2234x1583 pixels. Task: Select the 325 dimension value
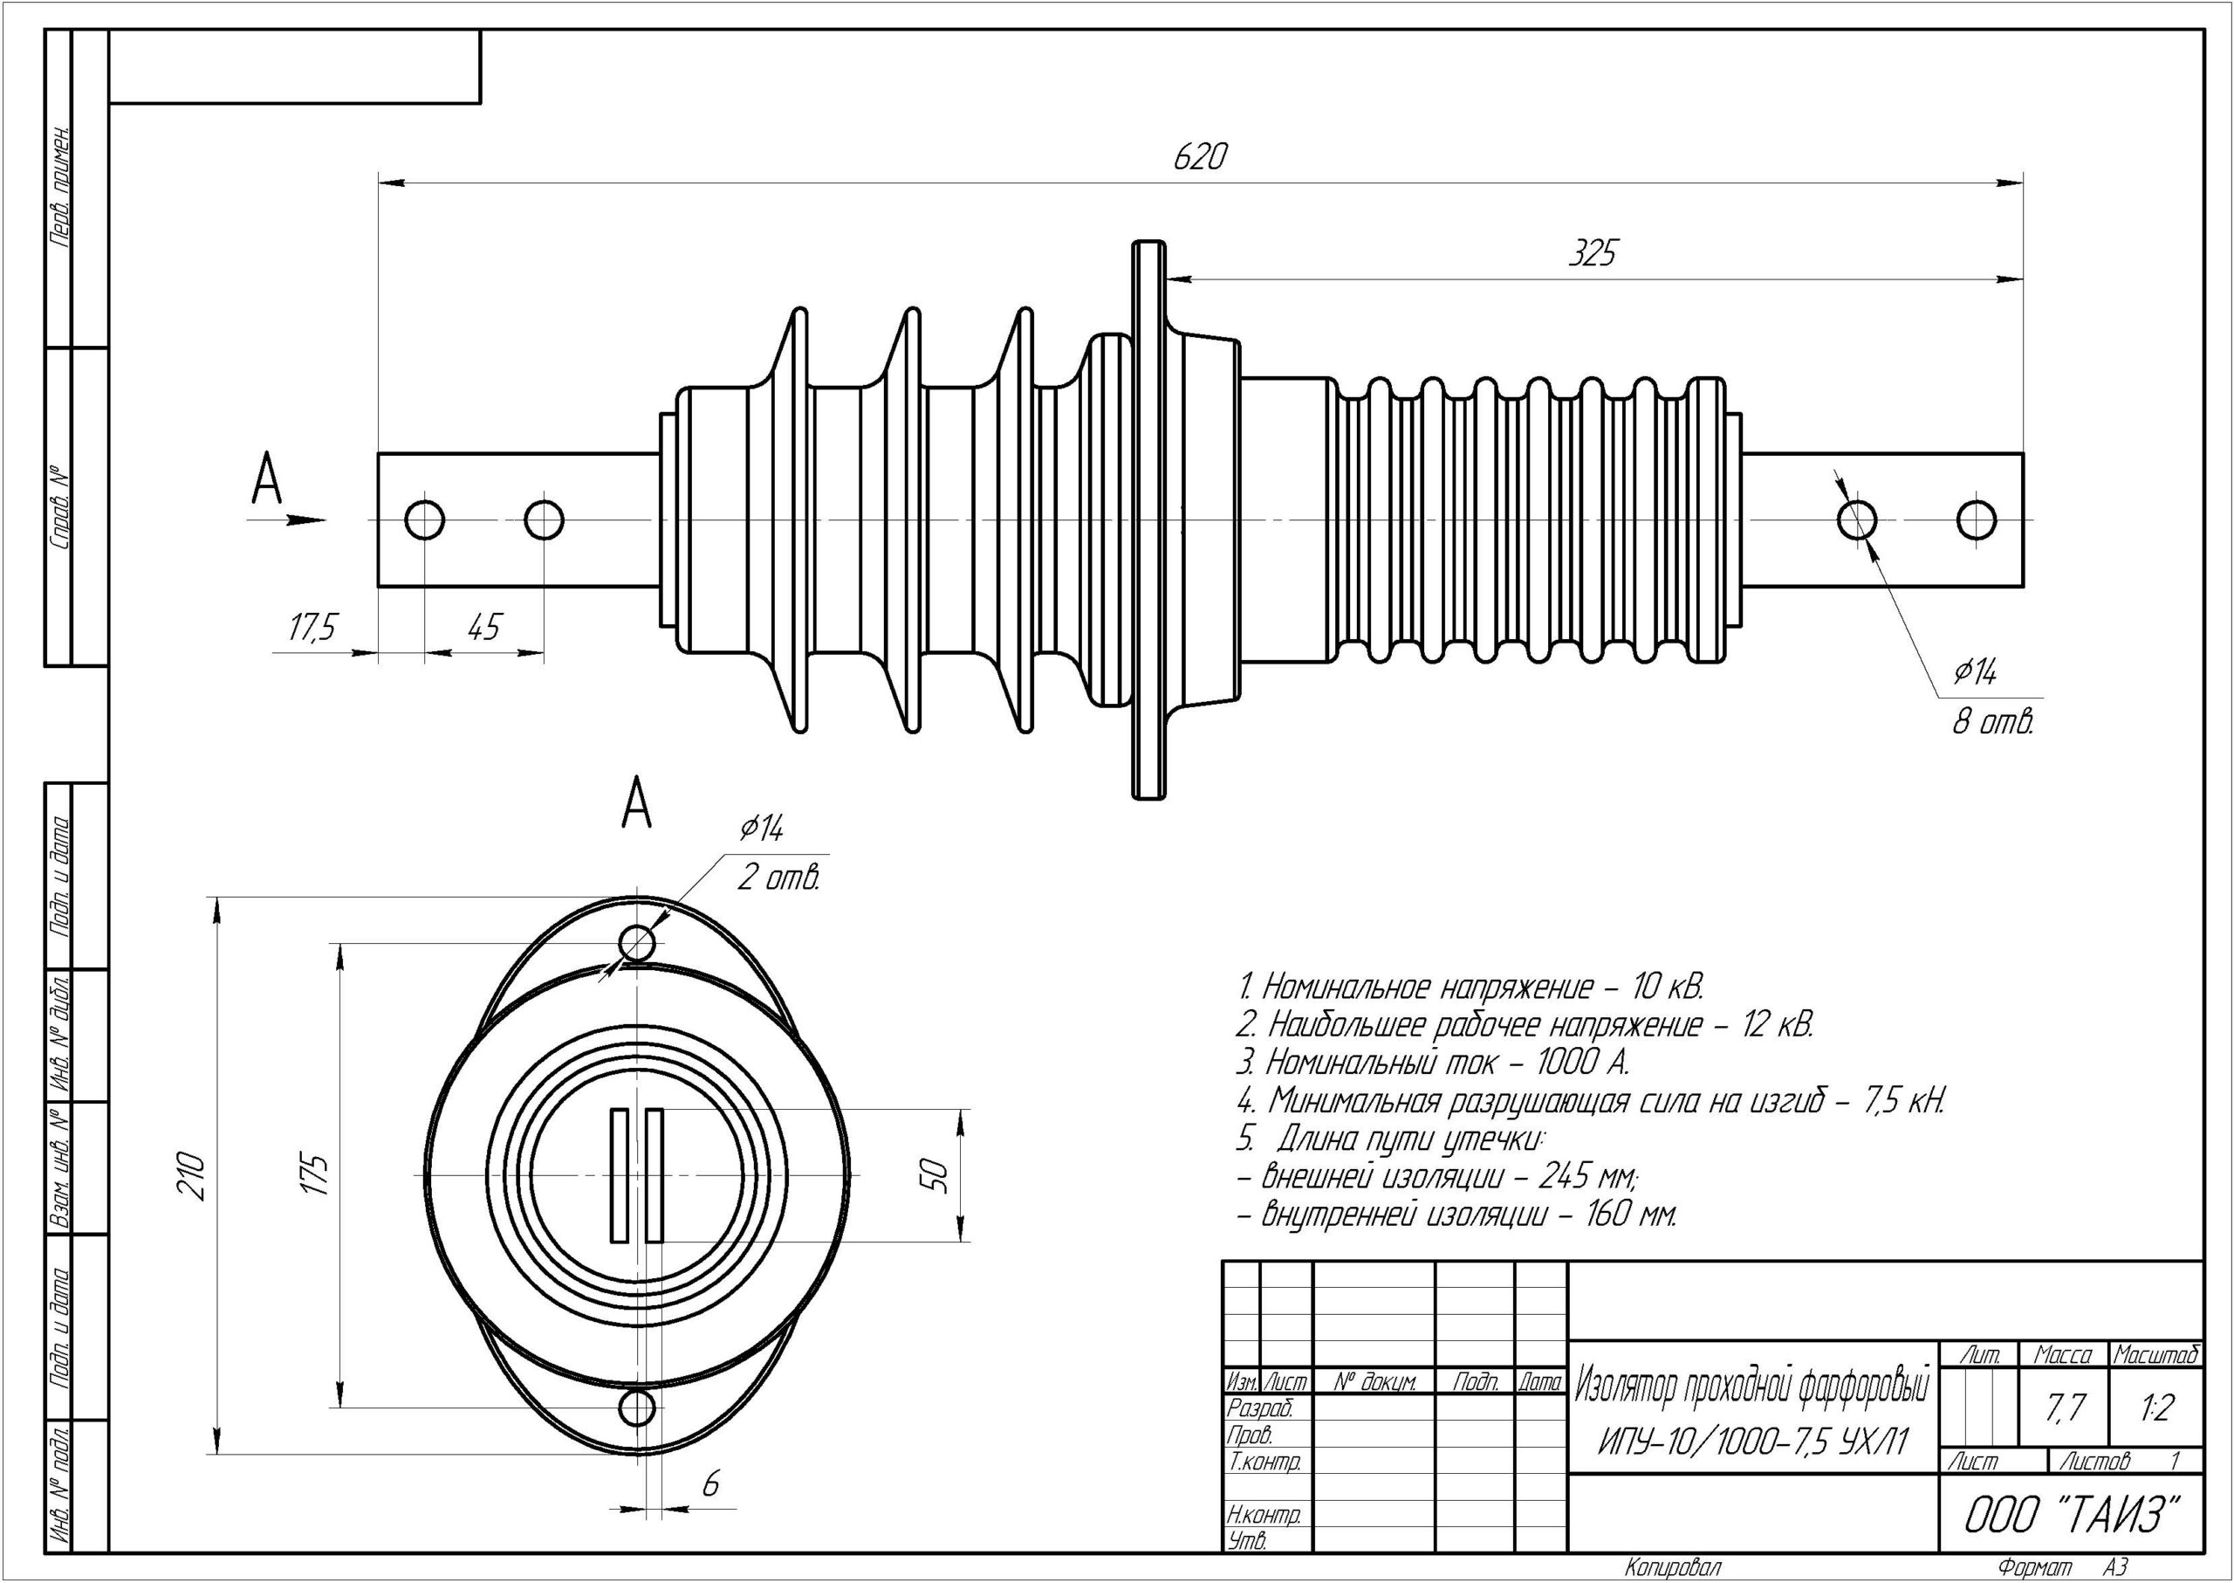pyautogui.click(x=1592, y=253)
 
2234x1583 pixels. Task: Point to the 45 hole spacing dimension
pyautogui.click(x=483, y=627)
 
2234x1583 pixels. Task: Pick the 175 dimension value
pyautogui.click(x=318, y=1174)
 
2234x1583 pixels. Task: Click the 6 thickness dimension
pyautogui.click(x=710, y=1484)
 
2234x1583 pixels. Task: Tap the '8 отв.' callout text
pyautogui.click(x=1992, y=723)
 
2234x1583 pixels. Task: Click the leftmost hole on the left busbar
pyautogui.click(x=425, y=520)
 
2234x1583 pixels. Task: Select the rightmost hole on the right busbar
pyautogui.click(x=1977, y=520)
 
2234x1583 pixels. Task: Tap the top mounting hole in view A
pyautogui.click(x=637, y=943)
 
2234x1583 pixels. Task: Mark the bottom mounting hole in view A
pyautogui.click(x=637, y=1407)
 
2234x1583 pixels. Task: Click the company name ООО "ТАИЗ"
pyautogui.click(x=2070, y=1515)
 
